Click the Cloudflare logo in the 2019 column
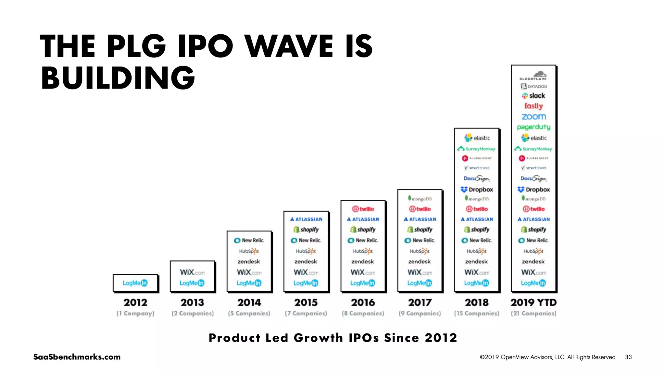pos(533,76)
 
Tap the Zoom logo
pos(534,117)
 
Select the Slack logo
pos(533,96)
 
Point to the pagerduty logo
pos(533,127)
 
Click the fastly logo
pos(533,106)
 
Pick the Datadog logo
pos(533,86)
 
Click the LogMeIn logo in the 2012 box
pos(135,283)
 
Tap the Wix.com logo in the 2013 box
pos(192,272)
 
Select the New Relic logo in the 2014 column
pos(249,240)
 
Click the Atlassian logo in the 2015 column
pos(306,219)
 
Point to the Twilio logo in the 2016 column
pos(363,209)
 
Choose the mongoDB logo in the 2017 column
pos(420,199)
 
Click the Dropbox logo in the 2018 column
pos(477,189)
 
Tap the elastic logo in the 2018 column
pos(477,138)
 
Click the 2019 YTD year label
pos(533,302)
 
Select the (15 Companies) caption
pos(476,313)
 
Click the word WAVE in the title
pos(289,46)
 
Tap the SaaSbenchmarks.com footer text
pos(77,357)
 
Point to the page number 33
pos(628,357)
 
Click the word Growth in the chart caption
pos(318,338)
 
